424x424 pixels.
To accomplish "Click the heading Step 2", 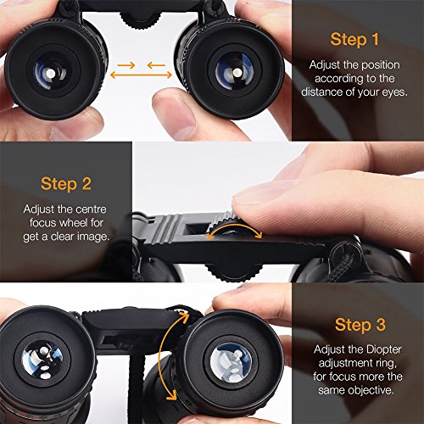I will coord(65,183).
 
